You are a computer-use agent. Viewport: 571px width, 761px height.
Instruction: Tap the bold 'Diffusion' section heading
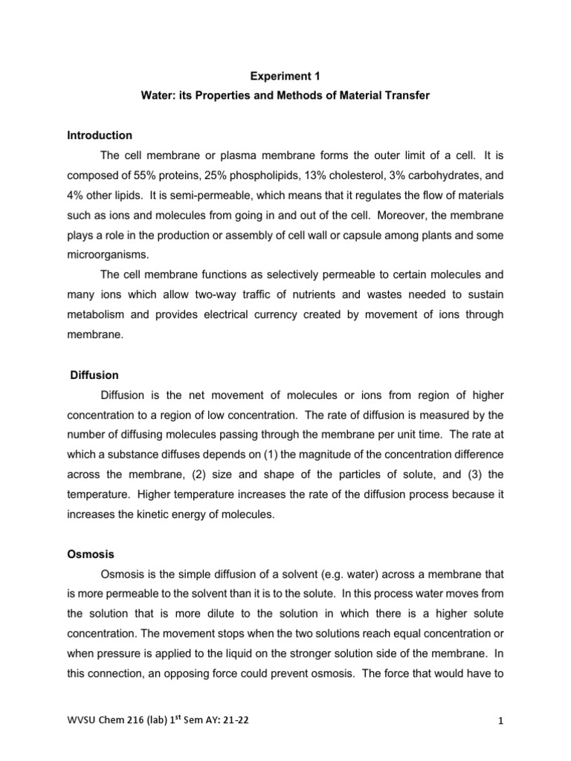[94, 375]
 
